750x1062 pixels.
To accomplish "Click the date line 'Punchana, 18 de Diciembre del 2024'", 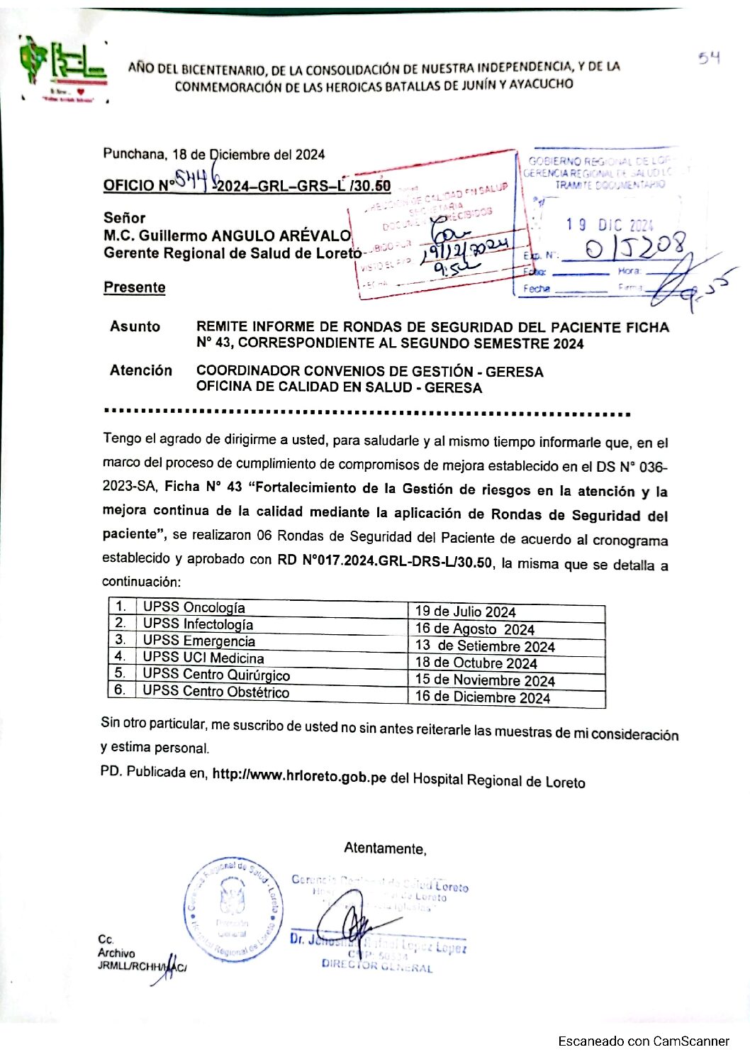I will [213, 154].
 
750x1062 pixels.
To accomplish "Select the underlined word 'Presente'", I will [134, 287].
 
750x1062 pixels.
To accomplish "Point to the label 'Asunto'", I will [135, 326].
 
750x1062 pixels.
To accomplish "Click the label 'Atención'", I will [140, 370].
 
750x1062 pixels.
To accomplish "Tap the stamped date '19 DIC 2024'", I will [609, 225].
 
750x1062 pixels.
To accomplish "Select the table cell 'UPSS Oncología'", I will [194, 607].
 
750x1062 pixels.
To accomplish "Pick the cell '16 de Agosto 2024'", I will [474, 629].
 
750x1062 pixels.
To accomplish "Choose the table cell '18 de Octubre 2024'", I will [476, 663].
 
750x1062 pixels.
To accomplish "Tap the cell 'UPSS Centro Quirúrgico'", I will [216, 675].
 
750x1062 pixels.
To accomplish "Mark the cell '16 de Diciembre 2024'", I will [482, 697].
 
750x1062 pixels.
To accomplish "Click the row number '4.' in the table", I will [121, 656].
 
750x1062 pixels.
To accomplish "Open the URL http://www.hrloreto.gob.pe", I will [299, 775].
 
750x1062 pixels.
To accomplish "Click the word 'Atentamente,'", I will [385, 848].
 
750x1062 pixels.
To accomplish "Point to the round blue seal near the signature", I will [233, 909].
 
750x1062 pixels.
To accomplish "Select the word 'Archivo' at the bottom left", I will [116, 953].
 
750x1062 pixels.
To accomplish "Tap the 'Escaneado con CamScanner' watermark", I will [643, 1041].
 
